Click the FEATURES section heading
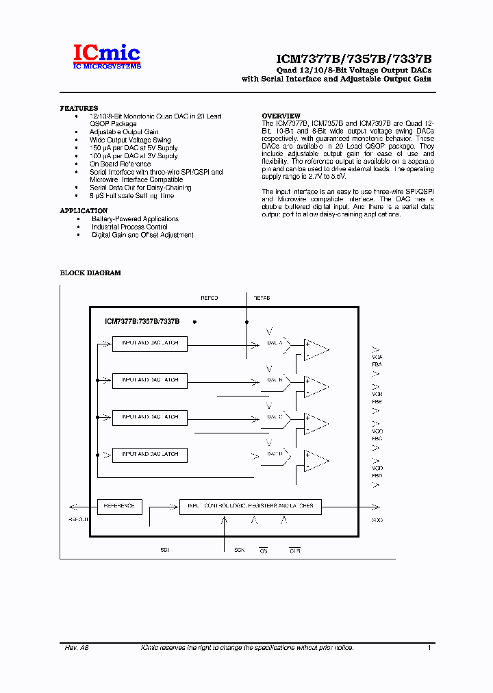tap(79, 108)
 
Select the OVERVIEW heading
tap(281, 116)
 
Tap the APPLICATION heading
tap(84, 211)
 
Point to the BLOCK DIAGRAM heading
tap(90, 273)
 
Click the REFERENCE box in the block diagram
tap(120, 507)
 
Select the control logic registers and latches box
tap(250, 507)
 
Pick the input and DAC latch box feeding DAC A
tap(149, 343)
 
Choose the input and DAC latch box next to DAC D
tap(149, 455)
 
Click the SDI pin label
tap(164, 550)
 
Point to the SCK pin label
tap(239, 550)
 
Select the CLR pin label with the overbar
tap(294, 550)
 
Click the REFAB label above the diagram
tap(262, 298)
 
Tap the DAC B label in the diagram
tap(275, 379)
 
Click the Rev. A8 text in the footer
tap(77, 648)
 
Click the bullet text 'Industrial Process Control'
tap(129, 227)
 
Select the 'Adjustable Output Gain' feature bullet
tap(124, 132)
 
